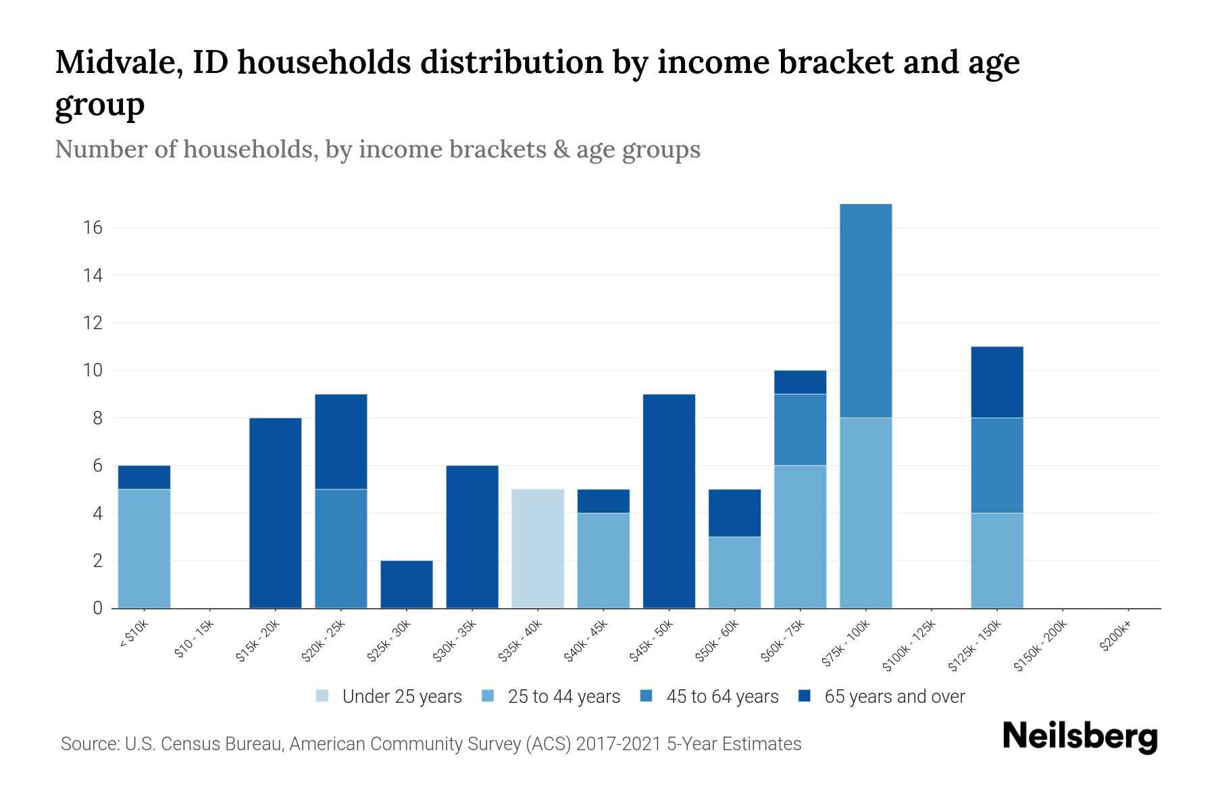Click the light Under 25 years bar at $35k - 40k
[x=538, y=548]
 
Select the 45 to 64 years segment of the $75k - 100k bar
[x=865, y=311]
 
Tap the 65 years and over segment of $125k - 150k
[x=996, y=382]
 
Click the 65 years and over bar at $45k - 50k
[x=669, y=501]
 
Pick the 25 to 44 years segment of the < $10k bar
[x=144, y=548]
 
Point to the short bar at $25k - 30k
[x=407, y=584]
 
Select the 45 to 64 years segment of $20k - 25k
[x=341, y=548]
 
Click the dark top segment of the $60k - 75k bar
[x=800, y=382]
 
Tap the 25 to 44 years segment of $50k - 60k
[x=734, y=572]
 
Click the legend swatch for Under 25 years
[x=323, y=696]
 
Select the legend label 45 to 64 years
[x=722, y=696]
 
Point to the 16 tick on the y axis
[x=93, y=228]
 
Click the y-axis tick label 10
[x=93, y=370]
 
